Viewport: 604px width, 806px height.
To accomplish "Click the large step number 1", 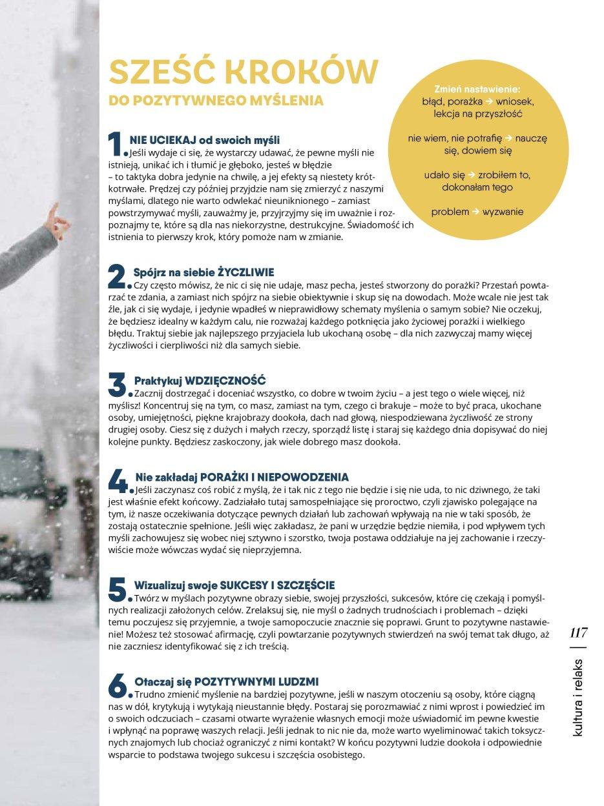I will point(114,144).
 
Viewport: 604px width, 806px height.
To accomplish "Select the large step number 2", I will point(116,277).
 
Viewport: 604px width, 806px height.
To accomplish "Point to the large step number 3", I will point(116,385).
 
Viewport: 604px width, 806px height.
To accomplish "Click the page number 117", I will point(578,632).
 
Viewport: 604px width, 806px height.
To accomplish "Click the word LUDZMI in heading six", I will point(297,681).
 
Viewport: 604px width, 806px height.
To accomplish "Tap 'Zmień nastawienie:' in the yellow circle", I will point(477,90).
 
